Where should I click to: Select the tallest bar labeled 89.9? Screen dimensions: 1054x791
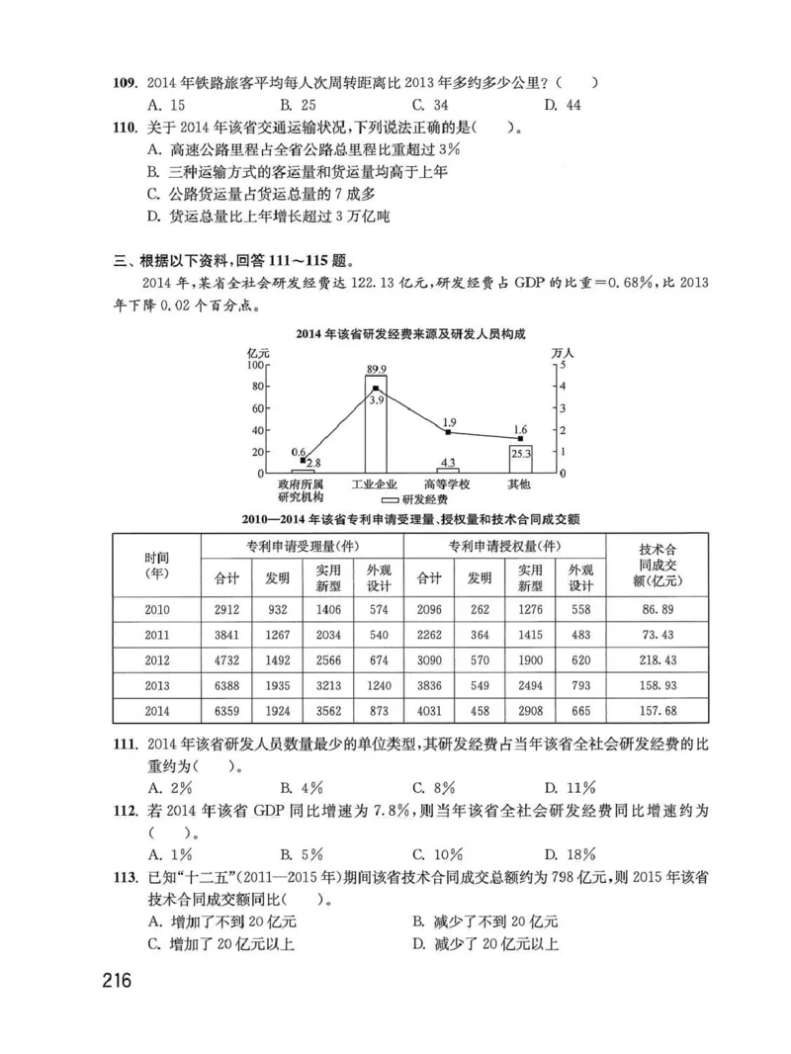click(376, 425)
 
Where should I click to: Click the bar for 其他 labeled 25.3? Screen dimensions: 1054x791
click(520, 459)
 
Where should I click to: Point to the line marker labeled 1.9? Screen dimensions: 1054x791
click(448, 432)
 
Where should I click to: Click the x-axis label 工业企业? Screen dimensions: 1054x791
click(376, 483)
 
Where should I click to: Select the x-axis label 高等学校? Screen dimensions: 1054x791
click(447, 483)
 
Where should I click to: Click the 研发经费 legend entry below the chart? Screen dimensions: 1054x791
click(413, 500)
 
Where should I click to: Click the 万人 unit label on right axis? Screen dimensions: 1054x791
click(561, 352)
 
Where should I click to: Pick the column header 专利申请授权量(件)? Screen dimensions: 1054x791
click(504, 547)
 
